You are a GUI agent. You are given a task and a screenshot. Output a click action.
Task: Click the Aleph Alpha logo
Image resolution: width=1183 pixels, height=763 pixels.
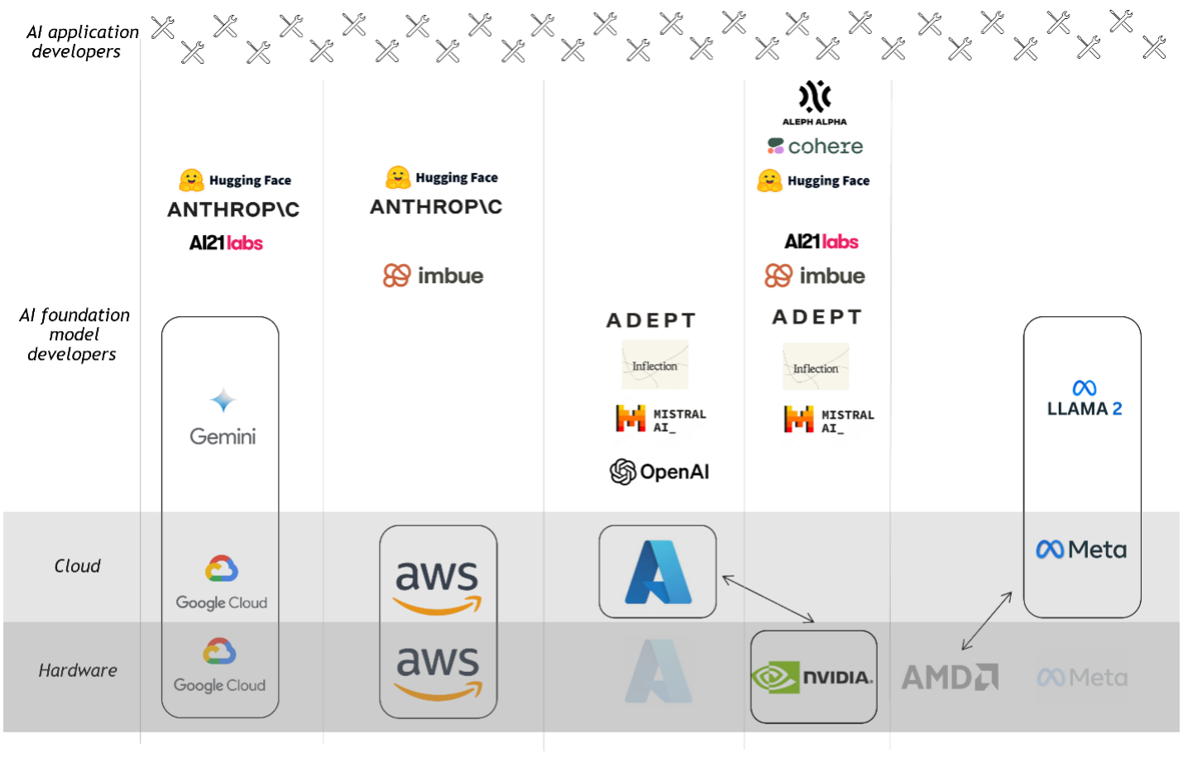point(814,103)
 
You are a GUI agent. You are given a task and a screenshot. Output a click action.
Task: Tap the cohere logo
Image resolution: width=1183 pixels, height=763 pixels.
point(815,146)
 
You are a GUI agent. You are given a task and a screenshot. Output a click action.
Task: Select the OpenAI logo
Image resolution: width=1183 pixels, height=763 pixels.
point(659,472)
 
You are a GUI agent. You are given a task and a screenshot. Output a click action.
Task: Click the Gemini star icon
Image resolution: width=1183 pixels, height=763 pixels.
point(223,400)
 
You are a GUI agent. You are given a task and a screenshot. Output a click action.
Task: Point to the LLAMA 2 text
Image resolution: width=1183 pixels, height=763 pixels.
point(1085,409)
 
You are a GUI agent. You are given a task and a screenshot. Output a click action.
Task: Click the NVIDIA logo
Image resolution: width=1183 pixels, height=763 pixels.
point(812,677)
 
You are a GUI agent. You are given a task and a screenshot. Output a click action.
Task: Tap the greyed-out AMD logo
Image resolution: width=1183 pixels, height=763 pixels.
point(950,677)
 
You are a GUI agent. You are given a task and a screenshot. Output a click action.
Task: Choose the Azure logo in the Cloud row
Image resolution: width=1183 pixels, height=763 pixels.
point(658,572)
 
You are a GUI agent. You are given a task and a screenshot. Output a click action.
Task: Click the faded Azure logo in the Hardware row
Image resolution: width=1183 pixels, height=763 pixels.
point(658,671)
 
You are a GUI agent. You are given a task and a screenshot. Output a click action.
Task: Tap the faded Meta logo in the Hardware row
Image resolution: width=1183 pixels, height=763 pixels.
point(1082,678)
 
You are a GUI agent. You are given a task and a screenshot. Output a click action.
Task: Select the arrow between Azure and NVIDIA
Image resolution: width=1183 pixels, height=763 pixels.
point(768,598)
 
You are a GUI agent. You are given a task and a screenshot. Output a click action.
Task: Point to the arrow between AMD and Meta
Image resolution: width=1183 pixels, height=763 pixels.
point(987,621)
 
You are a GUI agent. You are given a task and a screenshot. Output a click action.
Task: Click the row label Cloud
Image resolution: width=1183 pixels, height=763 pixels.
point(77,566)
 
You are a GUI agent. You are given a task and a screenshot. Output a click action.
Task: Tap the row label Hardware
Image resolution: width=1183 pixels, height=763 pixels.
point(78,670)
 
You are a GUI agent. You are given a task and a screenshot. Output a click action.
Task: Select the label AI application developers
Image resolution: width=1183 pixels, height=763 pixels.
point(83,41)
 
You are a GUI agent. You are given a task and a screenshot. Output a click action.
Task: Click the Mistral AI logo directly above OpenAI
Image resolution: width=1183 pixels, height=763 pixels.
point(661,420)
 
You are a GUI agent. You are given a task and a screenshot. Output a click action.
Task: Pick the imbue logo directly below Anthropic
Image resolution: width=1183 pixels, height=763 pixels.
point(433,276)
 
